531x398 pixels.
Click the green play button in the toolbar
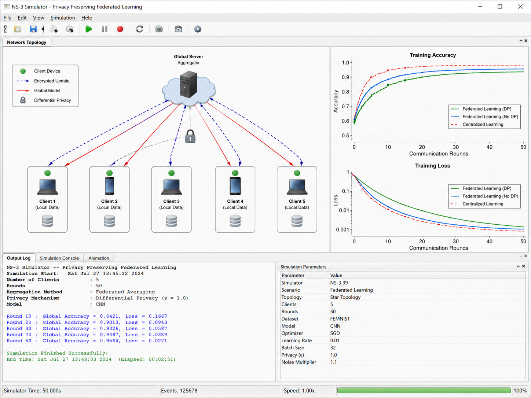(89, 29)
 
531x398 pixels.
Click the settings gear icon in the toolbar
(198, 29)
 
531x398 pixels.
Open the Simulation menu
(63, 18)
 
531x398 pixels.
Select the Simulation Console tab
(59, 258)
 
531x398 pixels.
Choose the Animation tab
(99, 258)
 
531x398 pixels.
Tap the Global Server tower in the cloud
(188, 84)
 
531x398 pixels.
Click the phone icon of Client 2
(109, 186)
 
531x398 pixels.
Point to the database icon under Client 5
(297, 221)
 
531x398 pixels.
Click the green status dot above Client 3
(171, 173)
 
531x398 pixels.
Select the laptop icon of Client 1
(47, 187)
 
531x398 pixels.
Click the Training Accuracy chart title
(433, 55)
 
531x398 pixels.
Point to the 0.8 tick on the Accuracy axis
(345, 92)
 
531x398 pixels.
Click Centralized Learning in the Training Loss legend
(483, 204)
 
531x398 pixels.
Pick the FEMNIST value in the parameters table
(340, 319)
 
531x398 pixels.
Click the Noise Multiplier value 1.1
(333, 362)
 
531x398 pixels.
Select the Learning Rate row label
(296, 340)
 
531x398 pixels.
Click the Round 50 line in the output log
(87, 341)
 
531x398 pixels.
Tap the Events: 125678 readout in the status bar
(179, 391)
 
